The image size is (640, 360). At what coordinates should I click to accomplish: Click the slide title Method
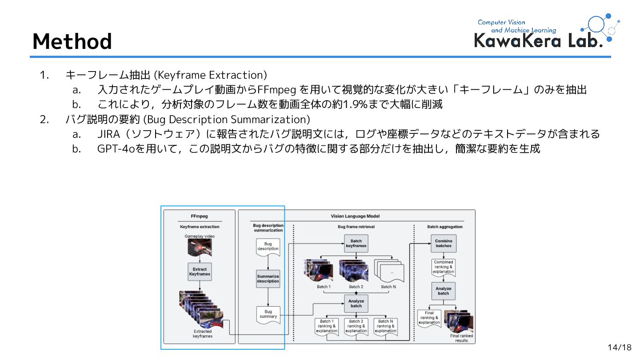coord(72,41)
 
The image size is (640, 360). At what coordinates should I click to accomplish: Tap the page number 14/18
coord(619,347)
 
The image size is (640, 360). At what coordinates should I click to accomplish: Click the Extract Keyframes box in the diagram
coord(200,272)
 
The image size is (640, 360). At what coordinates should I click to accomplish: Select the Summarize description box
coord(268,279)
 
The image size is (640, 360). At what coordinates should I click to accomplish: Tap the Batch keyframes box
coord(356,243)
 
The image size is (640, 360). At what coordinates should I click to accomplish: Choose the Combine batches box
coord(443,243)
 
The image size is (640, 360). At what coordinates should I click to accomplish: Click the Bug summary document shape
coord(268,315)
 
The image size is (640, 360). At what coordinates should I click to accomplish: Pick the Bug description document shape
coord(268,247)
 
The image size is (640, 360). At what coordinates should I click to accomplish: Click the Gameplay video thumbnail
coord(200,248)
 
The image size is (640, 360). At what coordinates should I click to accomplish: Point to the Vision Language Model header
coord(355,216)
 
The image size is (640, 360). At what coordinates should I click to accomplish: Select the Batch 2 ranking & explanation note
coord(356,326)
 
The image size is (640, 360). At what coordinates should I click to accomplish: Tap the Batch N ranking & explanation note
coord(385,326)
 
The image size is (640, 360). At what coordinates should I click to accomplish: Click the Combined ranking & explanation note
coord(443,267)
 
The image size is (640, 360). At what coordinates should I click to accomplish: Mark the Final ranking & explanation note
coord(429,318)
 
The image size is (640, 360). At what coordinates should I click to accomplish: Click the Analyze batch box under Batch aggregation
coord(443,291)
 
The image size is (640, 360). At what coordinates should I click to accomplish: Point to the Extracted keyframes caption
coord(202,334)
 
